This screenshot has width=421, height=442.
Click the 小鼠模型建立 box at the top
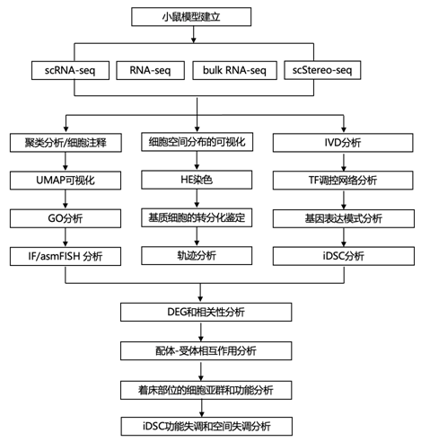[191, 17]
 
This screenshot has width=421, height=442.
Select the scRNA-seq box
[70, 70]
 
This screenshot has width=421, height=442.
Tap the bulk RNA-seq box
[234, 70]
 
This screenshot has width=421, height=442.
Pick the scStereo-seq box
[322, 70]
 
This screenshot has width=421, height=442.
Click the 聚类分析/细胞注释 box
[66, 143]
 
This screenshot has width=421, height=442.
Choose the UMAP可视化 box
[66, 181]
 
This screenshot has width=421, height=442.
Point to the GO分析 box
[66, 218]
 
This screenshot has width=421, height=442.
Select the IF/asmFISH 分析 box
[66, 256]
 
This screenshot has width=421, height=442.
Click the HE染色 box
[197, 180]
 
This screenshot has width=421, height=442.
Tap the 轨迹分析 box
[197, 256]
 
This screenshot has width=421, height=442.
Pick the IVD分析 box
[343, 143]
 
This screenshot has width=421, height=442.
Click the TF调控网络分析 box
[343, 181]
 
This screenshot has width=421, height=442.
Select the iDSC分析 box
[344, 256]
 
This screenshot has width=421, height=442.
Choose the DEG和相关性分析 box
[206, 312]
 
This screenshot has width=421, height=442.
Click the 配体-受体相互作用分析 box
[206, 350]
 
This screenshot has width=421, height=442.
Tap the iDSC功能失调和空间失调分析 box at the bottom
[206, 426]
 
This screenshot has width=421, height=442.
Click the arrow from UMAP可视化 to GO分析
[66, 199]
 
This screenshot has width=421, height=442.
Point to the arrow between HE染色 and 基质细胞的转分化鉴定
[197, 199]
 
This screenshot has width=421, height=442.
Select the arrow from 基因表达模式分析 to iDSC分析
[344, 237]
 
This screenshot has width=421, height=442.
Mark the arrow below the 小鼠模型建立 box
[194, 34]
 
